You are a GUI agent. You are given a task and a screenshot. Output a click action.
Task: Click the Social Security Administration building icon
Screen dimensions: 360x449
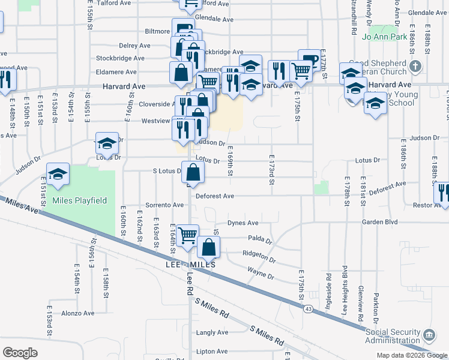click(430, 334)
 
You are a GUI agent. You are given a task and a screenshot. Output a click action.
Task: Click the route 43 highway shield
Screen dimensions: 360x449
click(307, 308)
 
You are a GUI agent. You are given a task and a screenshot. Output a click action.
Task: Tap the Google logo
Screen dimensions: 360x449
click(20, 353)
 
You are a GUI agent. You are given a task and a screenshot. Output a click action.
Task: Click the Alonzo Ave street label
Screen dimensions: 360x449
click(78, 313)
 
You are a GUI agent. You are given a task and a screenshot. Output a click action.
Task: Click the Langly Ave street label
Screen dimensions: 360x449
click(212, 332)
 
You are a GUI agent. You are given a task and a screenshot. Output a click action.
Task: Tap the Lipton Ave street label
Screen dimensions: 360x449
click(214, 351)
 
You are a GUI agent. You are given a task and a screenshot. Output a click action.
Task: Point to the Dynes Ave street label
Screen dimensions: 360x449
click(244, 223)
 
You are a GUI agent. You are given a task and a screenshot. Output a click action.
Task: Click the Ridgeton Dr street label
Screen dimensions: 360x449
click(259, 255)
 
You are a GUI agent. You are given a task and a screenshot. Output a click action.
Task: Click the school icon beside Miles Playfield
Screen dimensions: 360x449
click(58, 175)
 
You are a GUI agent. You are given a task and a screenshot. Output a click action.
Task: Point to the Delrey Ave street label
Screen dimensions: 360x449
click(134, 46)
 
